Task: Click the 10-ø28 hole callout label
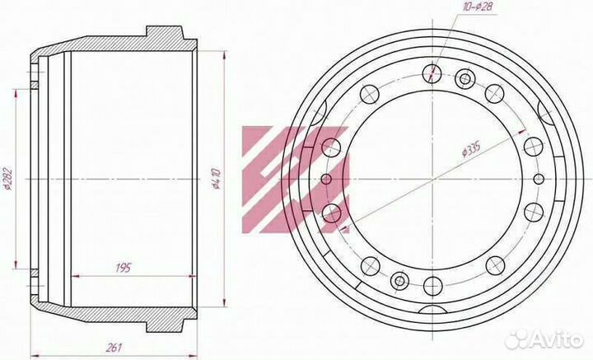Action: (x=478, y=7)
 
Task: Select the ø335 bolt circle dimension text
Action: (x=471, y=150)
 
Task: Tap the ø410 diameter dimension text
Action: (x=217, y=179)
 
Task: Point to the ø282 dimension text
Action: (x=7, y=179)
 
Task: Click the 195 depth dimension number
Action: (x=123, y=268)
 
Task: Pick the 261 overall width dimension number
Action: (x=114, y=347)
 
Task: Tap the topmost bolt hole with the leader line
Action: (x=432, y=73)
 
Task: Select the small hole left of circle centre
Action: (x=326, y=179)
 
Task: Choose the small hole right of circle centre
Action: (x=539, y=179)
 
